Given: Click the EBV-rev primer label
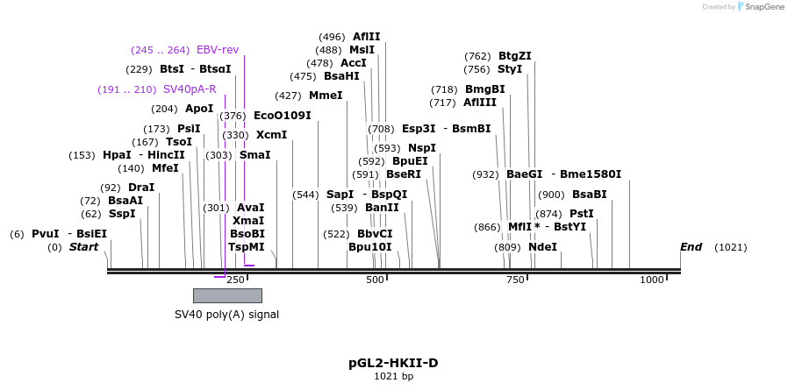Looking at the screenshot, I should pos(217,50).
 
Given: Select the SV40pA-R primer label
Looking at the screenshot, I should pos(189,89).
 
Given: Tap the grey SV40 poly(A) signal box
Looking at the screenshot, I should pos(227,295).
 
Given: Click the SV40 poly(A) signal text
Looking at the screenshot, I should pos(226,314).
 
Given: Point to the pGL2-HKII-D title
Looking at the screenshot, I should pos(393,363).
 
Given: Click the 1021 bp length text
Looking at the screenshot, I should pos(393,377).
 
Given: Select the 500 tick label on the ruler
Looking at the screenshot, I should pos(375,280).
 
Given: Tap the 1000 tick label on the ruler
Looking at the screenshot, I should pos(652,280).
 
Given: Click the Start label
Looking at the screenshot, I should pos(83,247).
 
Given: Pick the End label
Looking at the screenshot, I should pos(691,247).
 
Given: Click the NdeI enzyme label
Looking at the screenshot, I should pos(542,247).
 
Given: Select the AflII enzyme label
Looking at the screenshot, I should pos(366,37).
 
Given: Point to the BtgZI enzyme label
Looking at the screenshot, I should pos(514,56).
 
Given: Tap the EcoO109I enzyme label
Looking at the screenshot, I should pos(282,116).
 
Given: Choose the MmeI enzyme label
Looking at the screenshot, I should pos(326,96).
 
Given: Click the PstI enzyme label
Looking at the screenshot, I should pos(581,214).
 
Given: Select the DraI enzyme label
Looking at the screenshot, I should pos(140,188).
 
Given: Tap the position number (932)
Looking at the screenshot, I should pos(485,174).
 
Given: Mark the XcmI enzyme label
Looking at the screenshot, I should pos(271,135).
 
